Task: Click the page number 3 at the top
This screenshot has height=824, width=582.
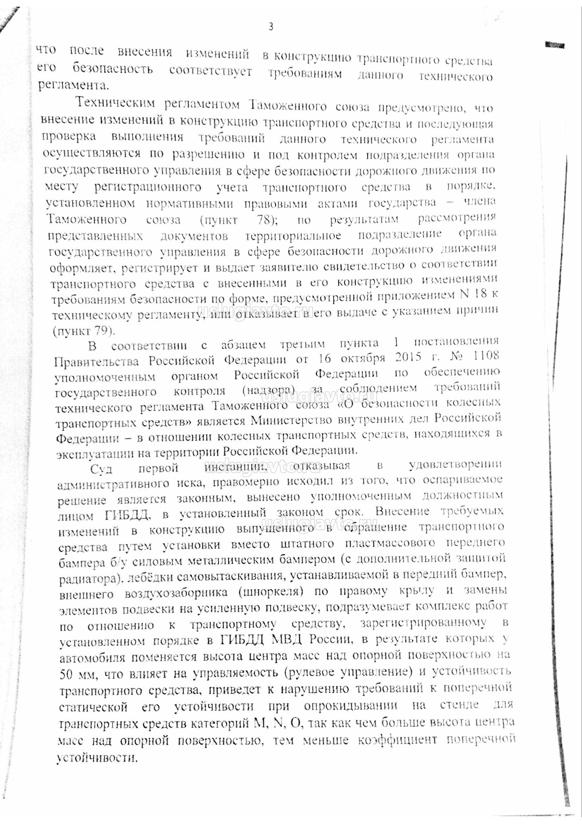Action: pos(271,26)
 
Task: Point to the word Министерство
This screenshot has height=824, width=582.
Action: pos(290,421)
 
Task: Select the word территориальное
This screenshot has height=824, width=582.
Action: pos(293,236)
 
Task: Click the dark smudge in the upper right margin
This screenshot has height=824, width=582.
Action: pos(554,45)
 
